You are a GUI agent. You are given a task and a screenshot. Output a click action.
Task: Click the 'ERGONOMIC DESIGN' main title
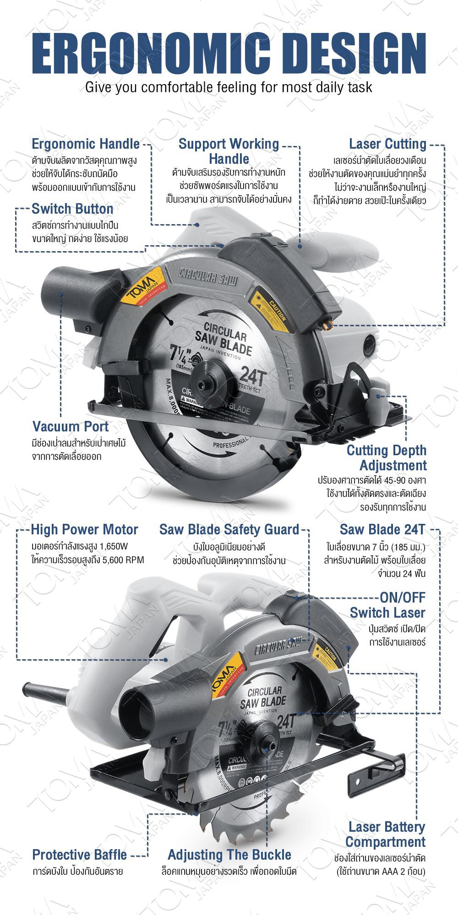tap(229, 50)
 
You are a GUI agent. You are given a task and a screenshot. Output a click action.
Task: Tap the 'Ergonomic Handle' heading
tap(86, 144)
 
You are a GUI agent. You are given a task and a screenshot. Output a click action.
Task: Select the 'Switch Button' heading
tap(72, 209)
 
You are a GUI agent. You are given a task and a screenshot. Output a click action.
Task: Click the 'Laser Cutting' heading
tap(387, 144)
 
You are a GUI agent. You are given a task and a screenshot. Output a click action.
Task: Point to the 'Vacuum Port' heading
tap(71, 426)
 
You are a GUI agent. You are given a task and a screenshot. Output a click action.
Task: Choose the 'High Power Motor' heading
tap(84, 530)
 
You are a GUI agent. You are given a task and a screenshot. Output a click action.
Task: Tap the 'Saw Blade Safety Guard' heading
tap(229, 530)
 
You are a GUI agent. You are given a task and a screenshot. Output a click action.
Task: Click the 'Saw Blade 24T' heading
tap(382, 530)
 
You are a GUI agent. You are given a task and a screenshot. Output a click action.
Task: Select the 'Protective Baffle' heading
tap(79, 855)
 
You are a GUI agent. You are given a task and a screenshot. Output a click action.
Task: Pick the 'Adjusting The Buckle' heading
tap(229, 855)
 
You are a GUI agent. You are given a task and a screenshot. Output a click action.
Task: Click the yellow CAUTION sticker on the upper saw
tap(272, 309)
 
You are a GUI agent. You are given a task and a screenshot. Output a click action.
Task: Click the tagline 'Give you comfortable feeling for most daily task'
tap(229, 87)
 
